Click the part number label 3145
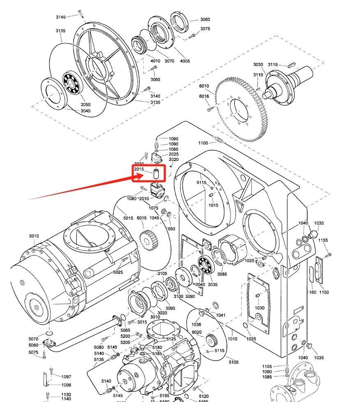61,17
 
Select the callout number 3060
205,20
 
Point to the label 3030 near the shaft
258,65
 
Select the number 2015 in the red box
139,169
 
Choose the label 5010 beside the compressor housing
34,236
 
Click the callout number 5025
118,272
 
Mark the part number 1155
323,240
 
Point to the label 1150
324,292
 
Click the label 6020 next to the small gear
196,332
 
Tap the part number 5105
233,362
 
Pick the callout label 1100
203,143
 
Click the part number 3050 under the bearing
85,104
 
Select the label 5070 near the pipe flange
33,339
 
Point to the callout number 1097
66,377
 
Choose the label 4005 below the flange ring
185,61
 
